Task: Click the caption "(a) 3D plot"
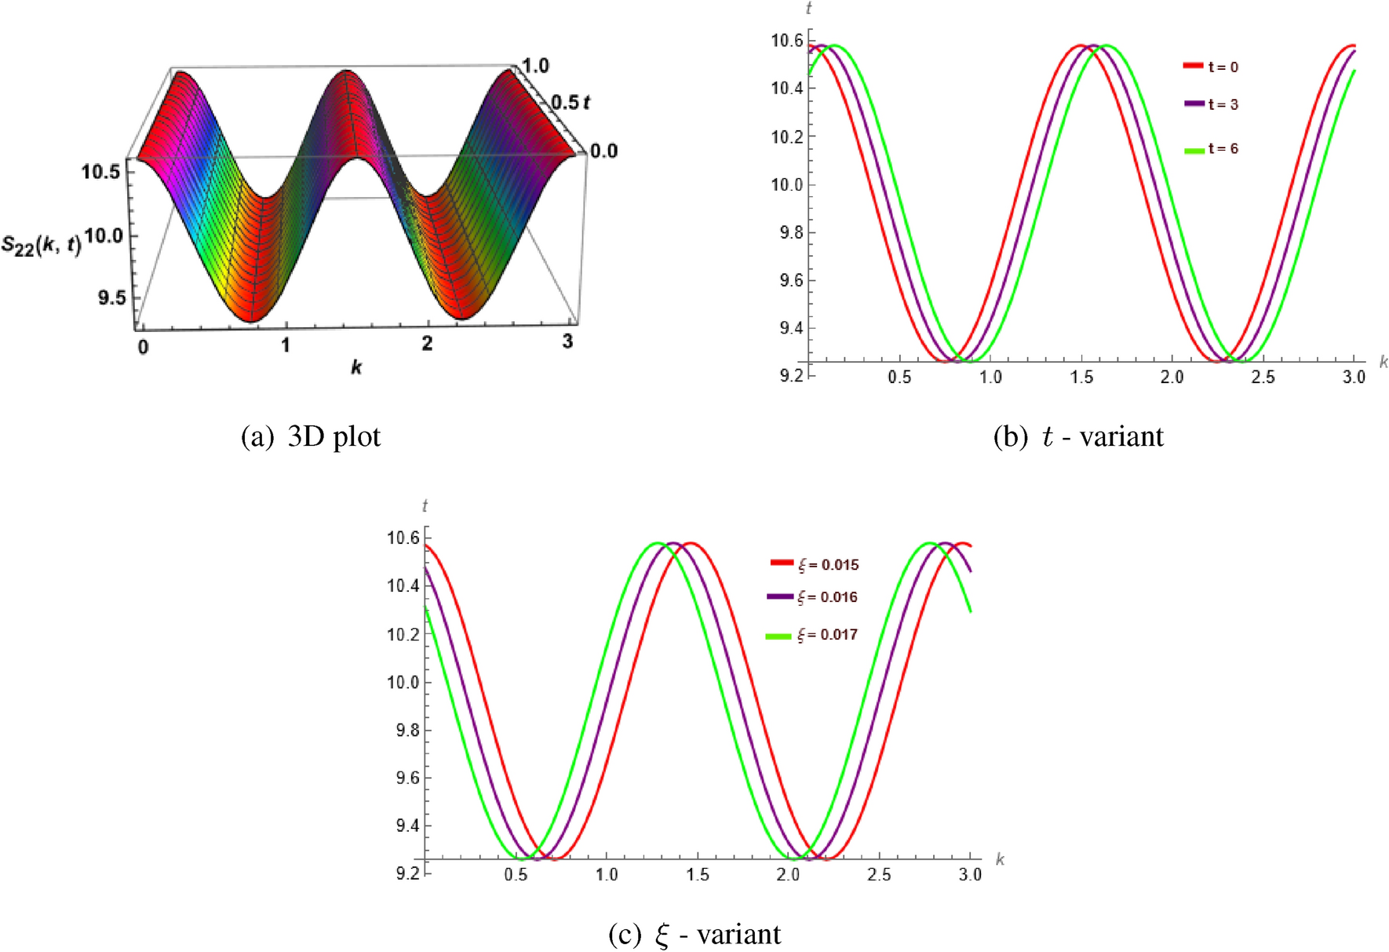click(311, 437)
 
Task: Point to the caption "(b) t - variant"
click(1078, 437)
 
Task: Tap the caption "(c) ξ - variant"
click(694, 935)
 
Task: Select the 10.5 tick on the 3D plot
click(100, 171)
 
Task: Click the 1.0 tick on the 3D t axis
click(535, 66)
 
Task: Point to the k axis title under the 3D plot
click(356, 367)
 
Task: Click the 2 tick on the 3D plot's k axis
click(427, 344)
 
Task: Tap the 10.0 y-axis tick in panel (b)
click(787, 185)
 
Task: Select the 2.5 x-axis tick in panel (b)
click(1263, 378)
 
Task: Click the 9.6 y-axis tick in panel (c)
click(403, 779)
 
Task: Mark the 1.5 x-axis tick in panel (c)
click(697, 875)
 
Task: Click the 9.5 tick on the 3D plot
click(111, 298)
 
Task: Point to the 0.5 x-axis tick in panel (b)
click(899, 378)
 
